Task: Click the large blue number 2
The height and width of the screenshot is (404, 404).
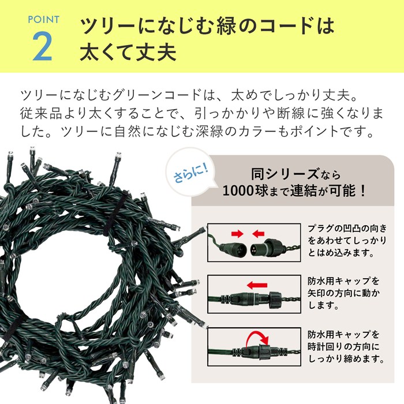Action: (43, 47)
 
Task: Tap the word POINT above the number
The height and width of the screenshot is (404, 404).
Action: (43, 20)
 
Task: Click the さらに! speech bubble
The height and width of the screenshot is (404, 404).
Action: (190, 173)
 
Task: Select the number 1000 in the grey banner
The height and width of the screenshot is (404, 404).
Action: (238, 191)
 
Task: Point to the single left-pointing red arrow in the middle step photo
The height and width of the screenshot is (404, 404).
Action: (257, 285)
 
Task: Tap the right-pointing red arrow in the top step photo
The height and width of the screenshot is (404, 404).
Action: (237, 234)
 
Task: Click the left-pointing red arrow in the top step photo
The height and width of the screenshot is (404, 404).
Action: (258, 234)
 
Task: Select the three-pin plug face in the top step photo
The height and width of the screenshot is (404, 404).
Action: (256, 249)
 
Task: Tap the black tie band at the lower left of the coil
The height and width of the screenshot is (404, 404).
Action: (13, 327)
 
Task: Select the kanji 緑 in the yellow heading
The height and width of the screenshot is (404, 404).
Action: (226, 26)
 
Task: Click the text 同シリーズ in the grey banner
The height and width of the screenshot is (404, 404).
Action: (285, 174)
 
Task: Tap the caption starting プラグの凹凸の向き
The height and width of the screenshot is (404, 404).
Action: (347, 240)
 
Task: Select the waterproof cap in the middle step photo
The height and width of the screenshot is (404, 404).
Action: (275, 300)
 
